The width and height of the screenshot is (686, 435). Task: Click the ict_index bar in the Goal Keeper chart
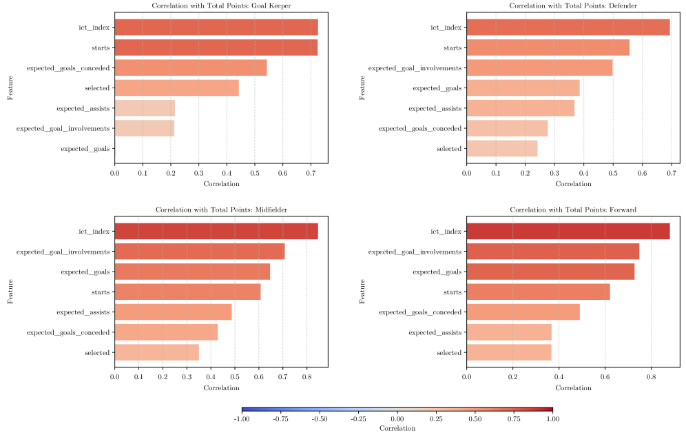click(x=216, y=28)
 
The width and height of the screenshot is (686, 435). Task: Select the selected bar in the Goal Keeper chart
click(x=176, y=88)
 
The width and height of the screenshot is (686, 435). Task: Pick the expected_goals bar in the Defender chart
click(x=523, y=88)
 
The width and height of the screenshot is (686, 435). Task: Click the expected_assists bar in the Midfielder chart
click(x=173, y=312)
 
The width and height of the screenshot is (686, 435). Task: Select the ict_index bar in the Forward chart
click(x=568, y=232)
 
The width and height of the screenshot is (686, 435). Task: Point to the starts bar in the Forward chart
click(x=538, y=292)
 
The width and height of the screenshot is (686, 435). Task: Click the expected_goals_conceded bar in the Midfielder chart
click(x=166, y=332)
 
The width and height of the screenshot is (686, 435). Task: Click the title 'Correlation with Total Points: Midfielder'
click(x=221, y=209)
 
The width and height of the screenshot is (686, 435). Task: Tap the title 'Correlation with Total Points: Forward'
click(x=573, y=209)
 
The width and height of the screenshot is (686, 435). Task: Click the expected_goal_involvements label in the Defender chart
click(x=415, y=68)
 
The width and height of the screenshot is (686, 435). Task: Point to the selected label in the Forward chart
click(x=449, y=353)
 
